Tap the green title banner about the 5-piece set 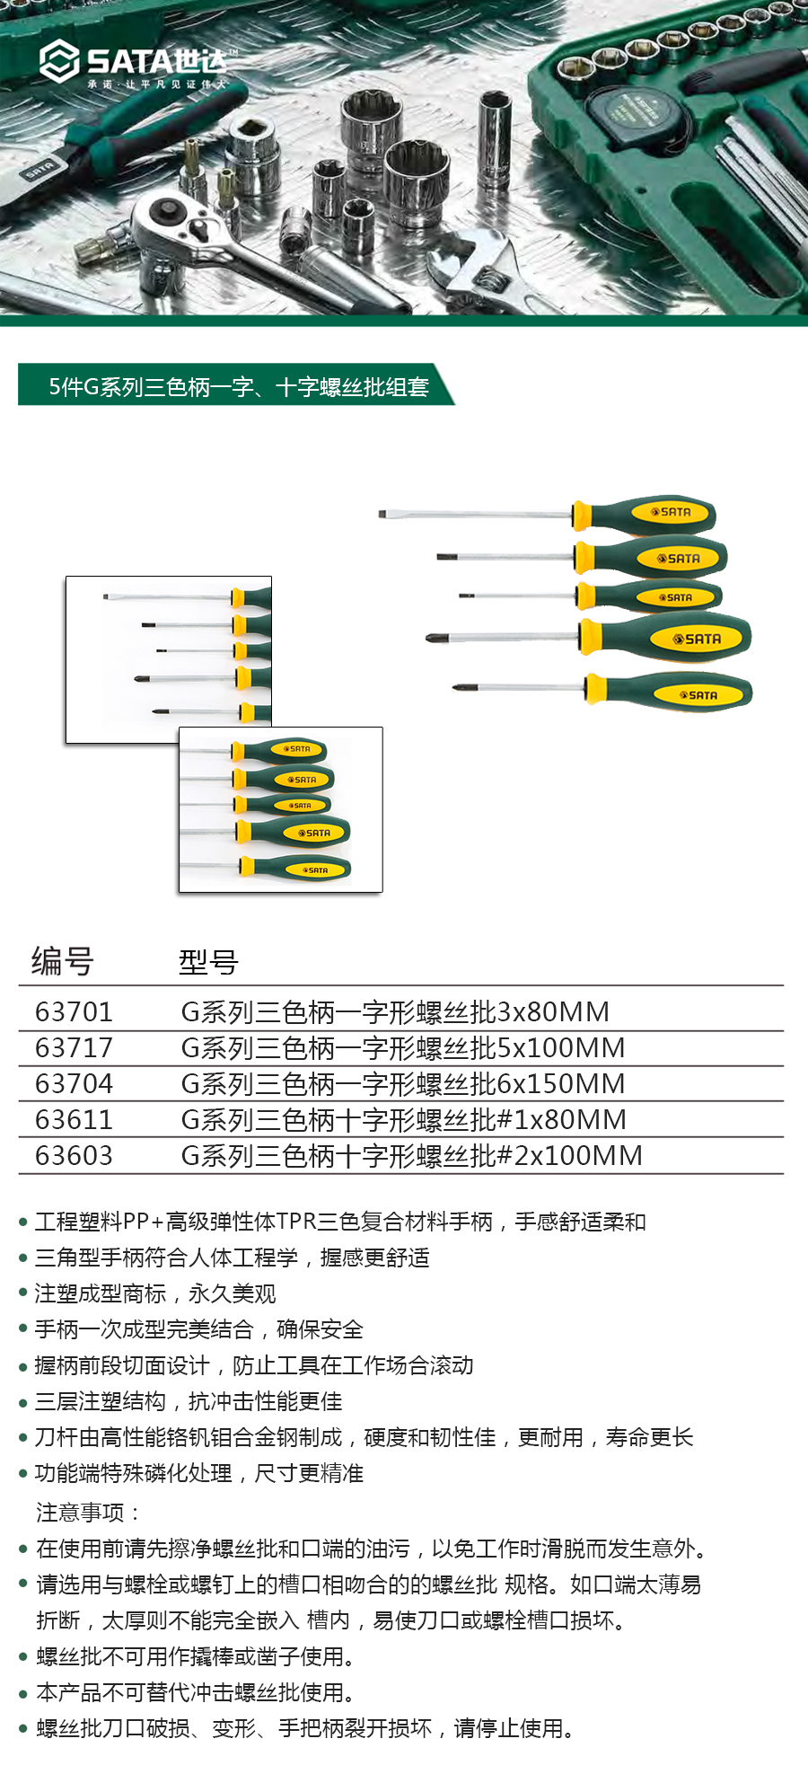pos(236,385)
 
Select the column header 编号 pos(63,961)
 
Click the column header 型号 pos(208,962)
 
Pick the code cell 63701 pos(75,1012)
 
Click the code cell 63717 pos(75,1048)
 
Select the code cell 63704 pos(75,1084)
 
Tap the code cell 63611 pos(75,1120)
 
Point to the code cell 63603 pos(75,1156)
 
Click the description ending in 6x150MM pos(403,1084)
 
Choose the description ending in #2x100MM pos(412,1156)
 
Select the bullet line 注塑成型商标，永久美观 pos(155,1293)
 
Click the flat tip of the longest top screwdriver pos(382,515)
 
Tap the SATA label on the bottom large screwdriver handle pos(699,695)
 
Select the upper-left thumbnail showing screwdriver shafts pos(169,659)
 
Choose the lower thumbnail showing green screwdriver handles pos(281,809)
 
